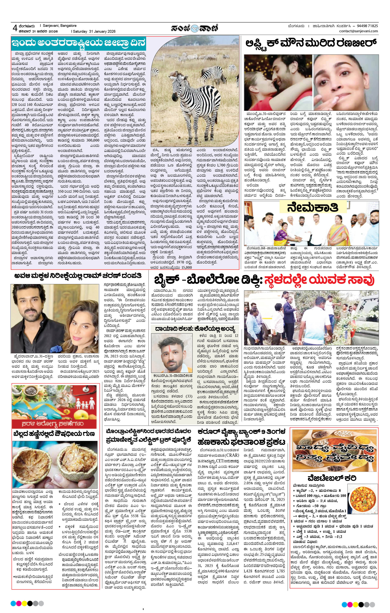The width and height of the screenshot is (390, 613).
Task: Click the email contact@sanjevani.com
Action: coord(358,31)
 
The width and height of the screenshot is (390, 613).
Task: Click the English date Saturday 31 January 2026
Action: coord(94,32)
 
